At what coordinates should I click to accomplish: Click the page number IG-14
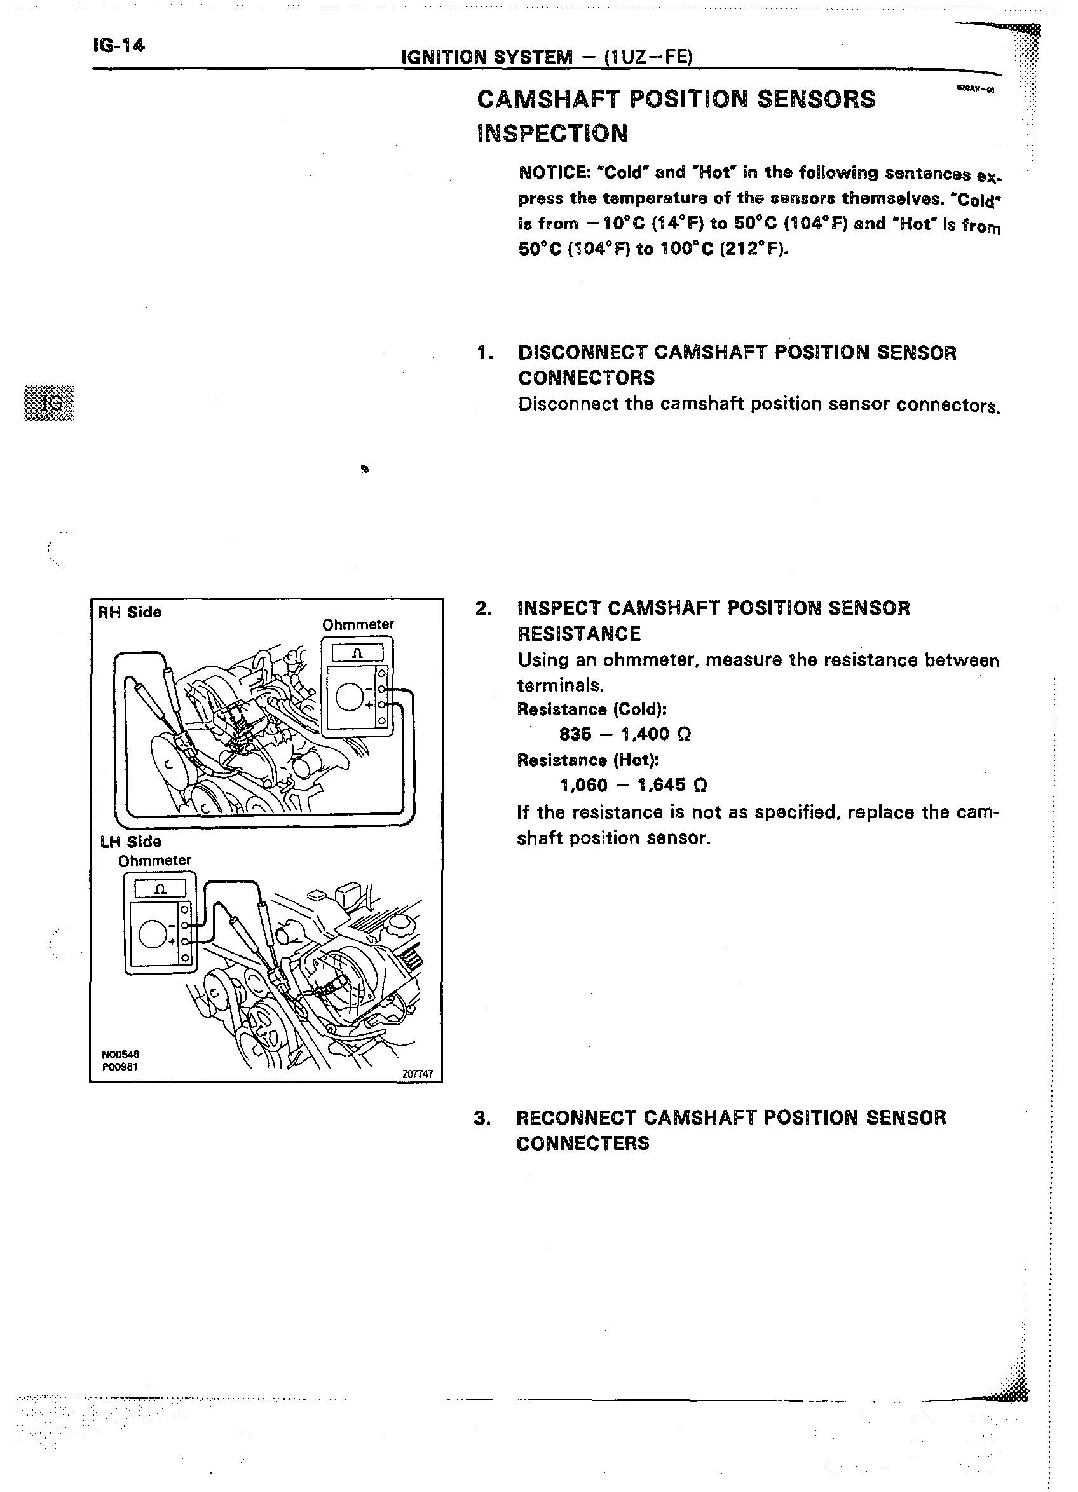[x=118, y=45]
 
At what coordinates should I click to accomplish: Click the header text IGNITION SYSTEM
[x=487, y=57]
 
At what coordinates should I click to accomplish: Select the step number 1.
[x=485, y=353]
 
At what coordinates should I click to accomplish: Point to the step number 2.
[x=484, y=608]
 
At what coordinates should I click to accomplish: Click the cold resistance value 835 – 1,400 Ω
[x=625, y=734]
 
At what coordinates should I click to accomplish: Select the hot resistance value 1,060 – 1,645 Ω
[x=633, y=785]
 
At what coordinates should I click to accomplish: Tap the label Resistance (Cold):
[x=592, y=709]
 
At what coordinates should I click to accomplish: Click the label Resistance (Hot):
[x=588, y=760]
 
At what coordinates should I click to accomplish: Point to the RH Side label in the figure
[x=130, y=612]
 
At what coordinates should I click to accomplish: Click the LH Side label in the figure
[x=131, y=842]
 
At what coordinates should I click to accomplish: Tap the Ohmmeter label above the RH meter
[x=358, y=624]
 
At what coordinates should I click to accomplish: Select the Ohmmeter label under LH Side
[x=154, y=861]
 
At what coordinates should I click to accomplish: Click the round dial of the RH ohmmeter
[x=349, y=697]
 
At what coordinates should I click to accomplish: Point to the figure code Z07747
[x=418, y=1074]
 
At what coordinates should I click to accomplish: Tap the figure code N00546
[x=120, y=1055]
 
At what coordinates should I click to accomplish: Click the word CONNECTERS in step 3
[x=583, y=1144]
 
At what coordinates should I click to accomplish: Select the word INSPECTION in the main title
[x=552, y=133]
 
